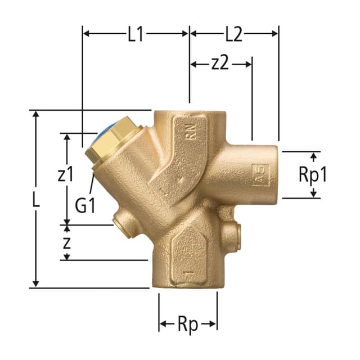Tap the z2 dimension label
pos(220,63)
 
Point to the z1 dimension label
pos(66,174)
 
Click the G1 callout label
pos(85,205)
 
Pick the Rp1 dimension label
pos(313,175)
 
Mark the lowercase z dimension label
pos(66,243)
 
